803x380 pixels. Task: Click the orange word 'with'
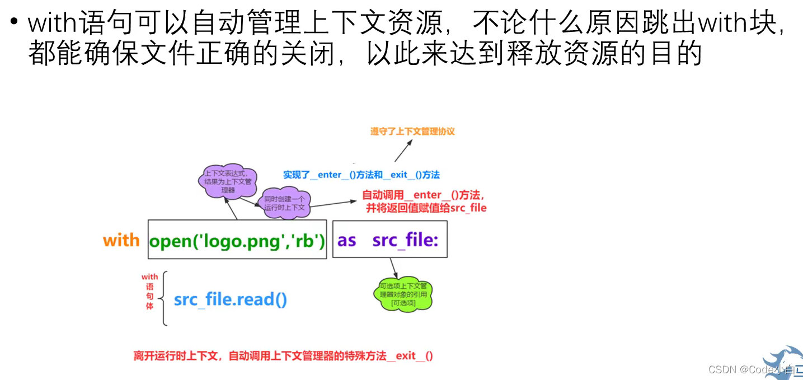[x=121, y=241]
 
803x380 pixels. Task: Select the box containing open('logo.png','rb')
[x=237, y=240]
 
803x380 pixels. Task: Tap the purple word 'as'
[x=347, y=241]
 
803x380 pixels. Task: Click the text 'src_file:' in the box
[x=405, y=241]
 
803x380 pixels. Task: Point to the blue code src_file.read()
[x=231, y=299]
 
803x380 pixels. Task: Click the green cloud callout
[x=403, y=295]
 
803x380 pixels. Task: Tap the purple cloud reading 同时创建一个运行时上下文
[x=284, y=203]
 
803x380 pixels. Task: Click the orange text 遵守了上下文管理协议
[x=412, y=132]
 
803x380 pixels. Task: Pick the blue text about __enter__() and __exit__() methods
[x=361, y=175]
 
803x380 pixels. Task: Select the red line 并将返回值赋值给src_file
[x=426, y=208]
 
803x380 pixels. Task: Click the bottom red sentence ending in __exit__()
[x=283, y=356]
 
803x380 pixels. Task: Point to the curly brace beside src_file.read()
[x=163, y=298]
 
